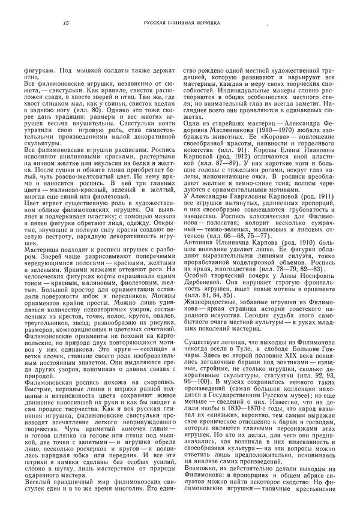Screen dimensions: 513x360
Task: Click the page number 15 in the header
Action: coord(65,23)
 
